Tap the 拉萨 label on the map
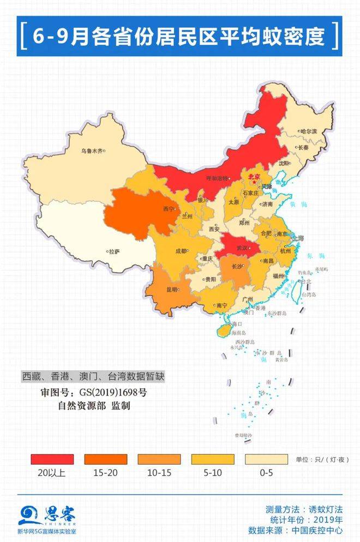(x=113, y=252)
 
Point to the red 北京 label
(x=254, y=177)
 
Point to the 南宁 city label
(x=221, y=305)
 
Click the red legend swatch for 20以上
(x=52, y=459)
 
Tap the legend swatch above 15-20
(x=105, y=459)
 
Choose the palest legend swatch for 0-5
(x=266, y=459)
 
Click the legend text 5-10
(x=212, y=473)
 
